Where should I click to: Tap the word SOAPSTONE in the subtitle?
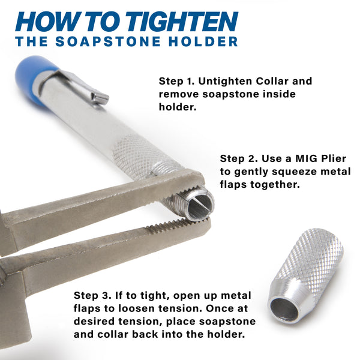(x=108, y=41)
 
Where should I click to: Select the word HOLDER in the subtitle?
(x=203, y=41)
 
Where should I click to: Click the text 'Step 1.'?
(x=176, y=81)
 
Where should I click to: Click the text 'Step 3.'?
(x=92, y=296)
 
